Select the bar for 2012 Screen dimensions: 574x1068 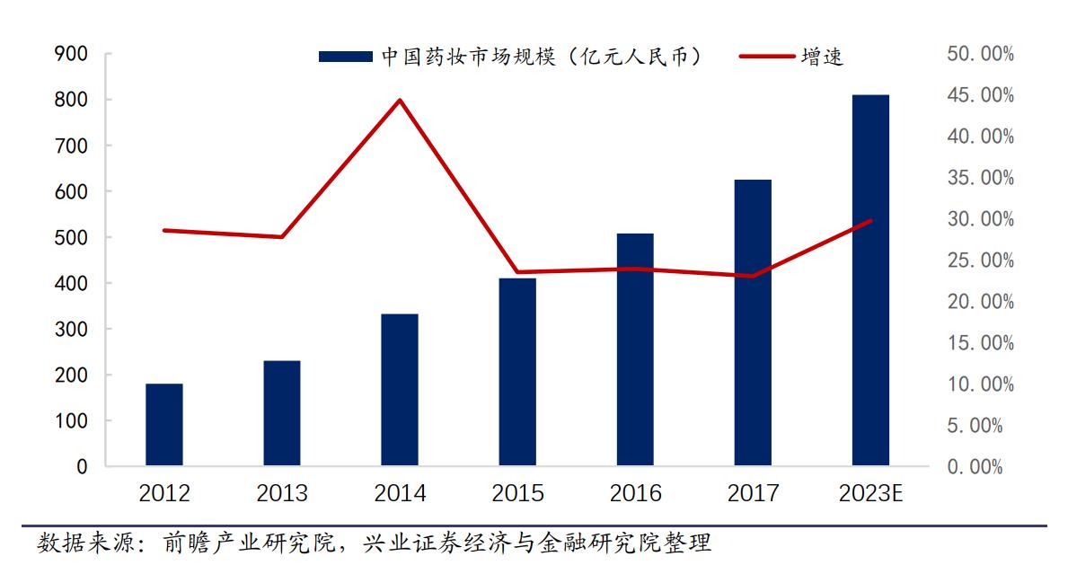(x=164, y=425)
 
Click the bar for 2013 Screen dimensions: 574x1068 (x=282, y=413)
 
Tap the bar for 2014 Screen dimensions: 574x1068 (x=400, y=390)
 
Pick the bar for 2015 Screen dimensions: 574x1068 (x=517, y=372)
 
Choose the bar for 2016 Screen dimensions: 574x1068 (x=635, y=349)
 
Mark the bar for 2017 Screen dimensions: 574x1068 (x=753, y=322)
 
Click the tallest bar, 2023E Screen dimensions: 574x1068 (x=870, y=280)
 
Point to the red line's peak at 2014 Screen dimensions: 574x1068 (x=401, y=100)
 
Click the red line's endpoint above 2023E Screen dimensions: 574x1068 (x=870, y=220)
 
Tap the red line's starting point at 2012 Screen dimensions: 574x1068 (x=164, y=231)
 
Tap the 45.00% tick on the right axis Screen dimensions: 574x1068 (x=980, y=95)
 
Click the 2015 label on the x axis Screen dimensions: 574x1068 (x=517, y=493)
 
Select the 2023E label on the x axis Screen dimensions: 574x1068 (x=869, y=493)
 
